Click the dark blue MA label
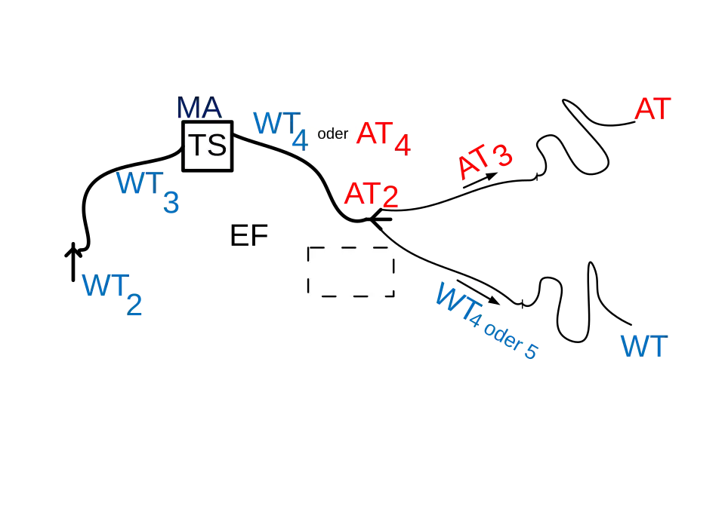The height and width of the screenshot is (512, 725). [x=199, y=109]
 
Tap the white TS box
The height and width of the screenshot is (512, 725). [x=208, y=146]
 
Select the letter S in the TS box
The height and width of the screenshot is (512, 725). [x=217, y=146]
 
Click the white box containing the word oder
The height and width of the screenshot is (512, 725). [x=332, y=133]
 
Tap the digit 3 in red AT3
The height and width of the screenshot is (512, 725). [x=500, y=155]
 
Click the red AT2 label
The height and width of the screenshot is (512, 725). [x=371, y=195]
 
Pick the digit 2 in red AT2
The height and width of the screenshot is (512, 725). [x=390, y=198]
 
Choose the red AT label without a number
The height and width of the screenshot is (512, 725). [x=652, y=109]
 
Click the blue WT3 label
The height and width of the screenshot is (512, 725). [x=148, y=192]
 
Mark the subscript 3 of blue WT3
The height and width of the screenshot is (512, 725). [x=171, y=203]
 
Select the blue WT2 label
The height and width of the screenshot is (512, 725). [x=112, y=294]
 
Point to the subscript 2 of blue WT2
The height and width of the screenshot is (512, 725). [x=134, y=306]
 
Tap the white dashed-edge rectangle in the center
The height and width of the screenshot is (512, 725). [x=353, y=274]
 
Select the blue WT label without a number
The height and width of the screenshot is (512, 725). [x=644, y=348]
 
